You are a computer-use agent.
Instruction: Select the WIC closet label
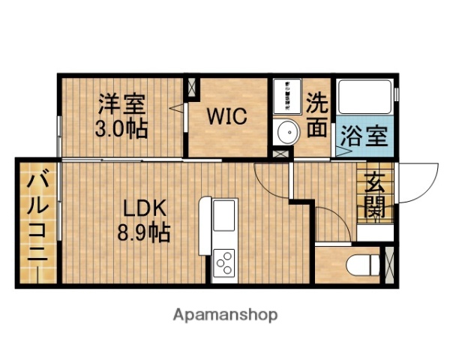[227, 118]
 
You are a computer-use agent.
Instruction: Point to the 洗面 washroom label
[317, 115]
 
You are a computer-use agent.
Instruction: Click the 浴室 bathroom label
[364, 137]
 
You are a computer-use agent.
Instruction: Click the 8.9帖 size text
[142, 232]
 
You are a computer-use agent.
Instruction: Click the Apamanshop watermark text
[225, 314]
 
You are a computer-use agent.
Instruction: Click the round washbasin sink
[286, 133]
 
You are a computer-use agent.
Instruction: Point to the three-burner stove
[224, 263]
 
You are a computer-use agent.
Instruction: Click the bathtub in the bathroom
[365, 97]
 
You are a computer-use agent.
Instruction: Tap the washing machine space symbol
[286, 95]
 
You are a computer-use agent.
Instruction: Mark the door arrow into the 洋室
[178, 109]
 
